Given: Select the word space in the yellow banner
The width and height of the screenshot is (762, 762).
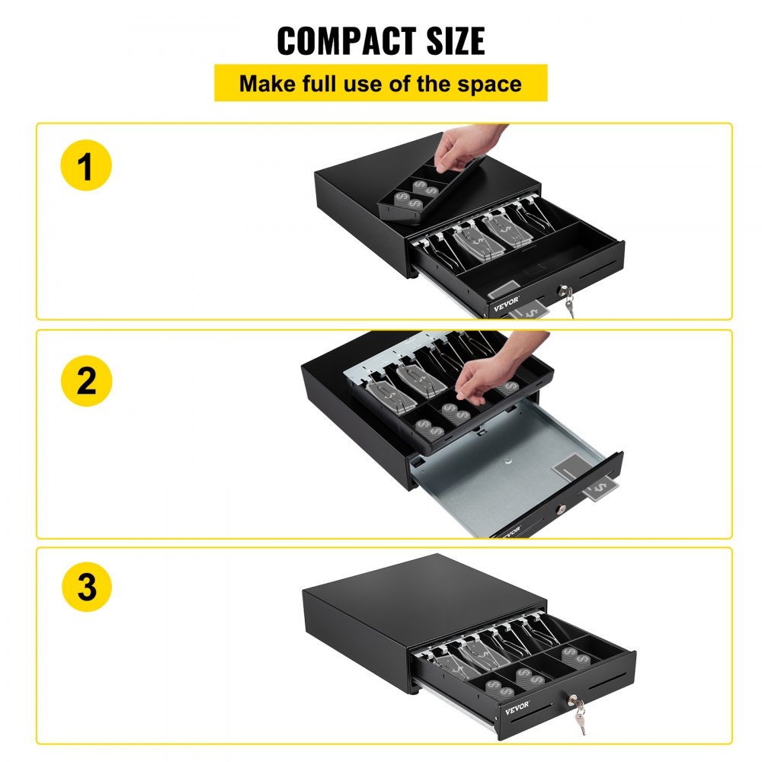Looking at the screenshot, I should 489,84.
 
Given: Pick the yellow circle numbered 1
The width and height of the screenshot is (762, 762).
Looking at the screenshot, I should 86,165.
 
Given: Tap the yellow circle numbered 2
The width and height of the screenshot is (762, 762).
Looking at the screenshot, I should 86,379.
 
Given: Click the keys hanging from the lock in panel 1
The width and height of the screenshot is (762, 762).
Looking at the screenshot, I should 568,306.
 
